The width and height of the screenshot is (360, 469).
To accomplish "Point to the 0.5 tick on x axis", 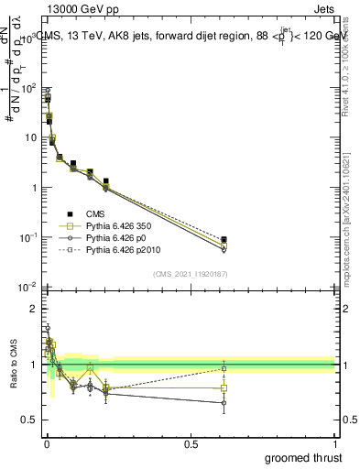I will (191, 444).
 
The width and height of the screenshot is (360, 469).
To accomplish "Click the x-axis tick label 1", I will (334, 444).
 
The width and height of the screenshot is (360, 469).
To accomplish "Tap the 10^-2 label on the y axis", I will (28, 287).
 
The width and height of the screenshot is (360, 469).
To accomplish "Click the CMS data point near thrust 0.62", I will (224, 240).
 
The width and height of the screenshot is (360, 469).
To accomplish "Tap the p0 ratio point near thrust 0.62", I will (224, 403).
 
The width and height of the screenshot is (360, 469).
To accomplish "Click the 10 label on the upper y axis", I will (30, 138).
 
